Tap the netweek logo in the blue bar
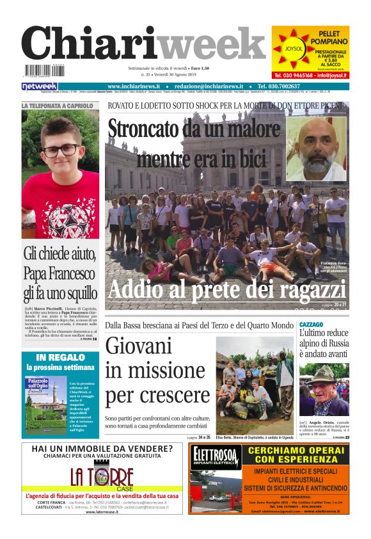tap(40, 86)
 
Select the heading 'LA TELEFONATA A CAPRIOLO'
tap(58, 105)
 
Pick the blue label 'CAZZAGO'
tap(311, 325)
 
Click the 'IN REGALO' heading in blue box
tap(60, 357)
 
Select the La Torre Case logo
tap(102, 478)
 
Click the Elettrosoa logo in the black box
tap(216, 458)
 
